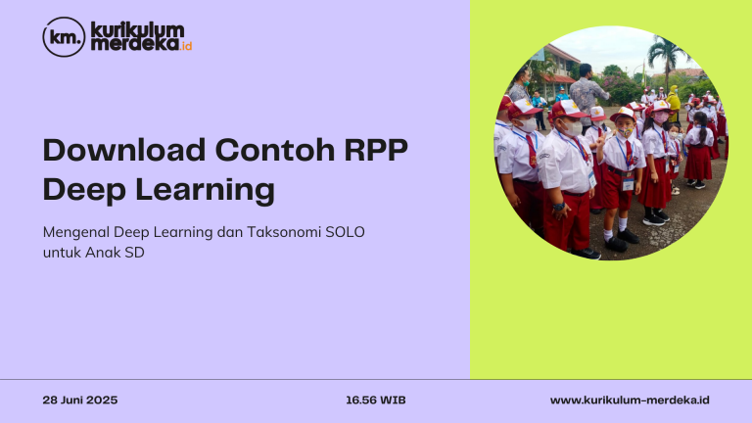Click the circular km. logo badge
coord(64,37)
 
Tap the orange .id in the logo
coord(186,46)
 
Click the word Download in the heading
coord(124,150)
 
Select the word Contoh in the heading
coord(275,150)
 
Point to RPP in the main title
coord(376,150)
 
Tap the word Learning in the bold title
coord(206,190)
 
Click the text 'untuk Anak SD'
coord(94,253)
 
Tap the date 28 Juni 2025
coord(80,399)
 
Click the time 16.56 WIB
coord(376,399)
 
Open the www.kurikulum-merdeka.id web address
coord(630,399)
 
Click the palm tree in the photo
coord(667,58)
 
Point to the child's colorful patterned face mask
coord(625,131)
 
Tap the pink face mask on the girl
coord(661,117)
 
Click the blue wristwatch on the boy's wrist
coord(559,207)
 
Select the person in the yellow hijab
coord(673,103)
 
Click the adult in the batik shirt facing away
coord(587,94)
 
